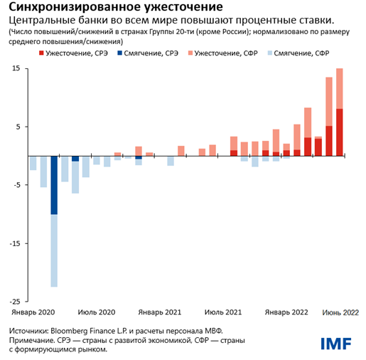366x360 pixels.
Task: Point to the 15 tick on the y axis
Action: [x=14, y=69]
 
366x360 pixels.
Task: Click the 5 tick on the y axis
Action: [x=16, y=127]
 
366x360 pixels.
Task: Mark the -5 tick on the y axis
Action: [x=15, y=185]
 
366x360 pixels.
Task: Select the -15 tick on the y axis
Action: [x=14, y=243]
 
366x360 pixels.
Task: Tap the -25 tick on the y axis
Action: [x=14, y=301]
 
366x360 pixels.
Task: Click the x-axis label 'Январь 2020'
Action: [x=33, y=312]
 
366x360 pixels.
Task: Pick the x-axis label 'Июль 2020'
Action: [x=97, y=312]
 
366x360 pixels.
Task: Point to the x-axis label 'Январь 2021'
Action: [x=160, y=312]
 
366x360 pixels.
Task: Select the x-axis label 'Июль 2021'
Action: [x=223, y=312]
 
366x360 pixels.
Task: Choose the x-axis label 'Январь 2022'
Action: [x=286, y=312]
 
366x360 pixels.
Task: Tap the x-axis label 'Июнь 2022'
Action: [x=339, y=312]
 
